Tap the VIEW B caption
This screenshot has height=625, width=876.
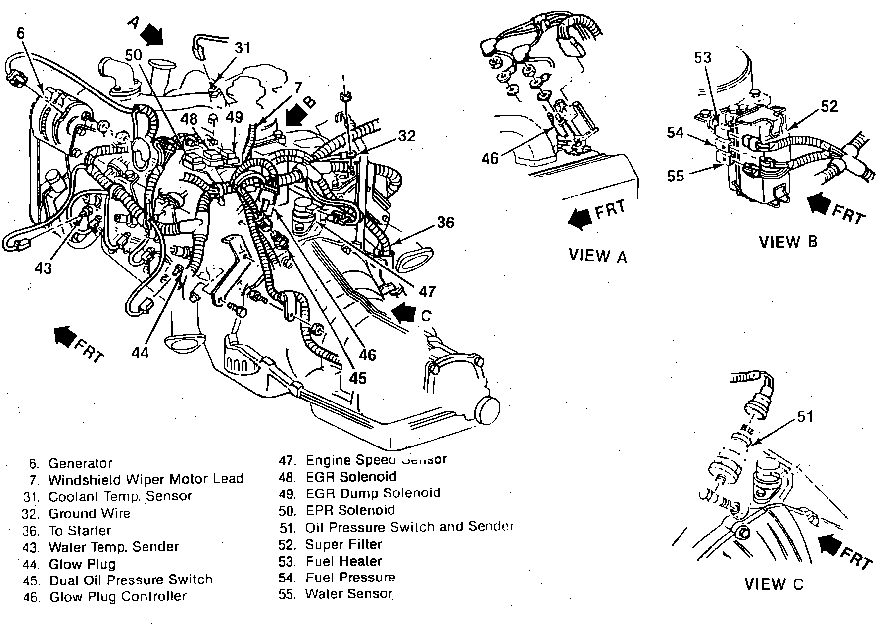click(788, 242)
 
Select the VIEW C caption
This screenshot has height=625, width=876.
click(774, 584)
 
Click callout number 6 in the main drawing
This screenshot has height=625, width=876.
click(20, 33)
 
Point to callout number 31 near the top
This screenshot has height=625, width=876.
click(243, 48)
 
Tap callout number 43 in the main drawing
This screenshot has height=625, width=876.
click(43, 268)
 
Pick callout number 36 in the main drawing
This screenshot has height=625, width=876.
click(445, 223)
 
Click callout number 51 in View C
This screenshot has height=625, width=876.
click(805, 417)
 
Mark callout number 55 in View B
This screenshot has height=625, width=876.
click(676, 176)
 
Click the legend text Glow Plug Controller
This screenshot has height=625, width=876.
click(118, 596)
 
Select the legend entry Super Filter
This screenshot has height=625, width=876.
click(343, 544)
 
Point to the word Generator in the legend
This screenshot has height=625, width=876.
click(80, 463)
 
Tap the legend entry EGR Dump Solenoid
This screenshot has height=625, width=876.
click(373, 493)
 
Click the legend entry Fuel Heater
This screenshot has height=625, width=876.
click(343, 561)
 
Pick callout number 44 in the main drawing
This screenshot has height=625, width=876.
click(140, 353)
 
